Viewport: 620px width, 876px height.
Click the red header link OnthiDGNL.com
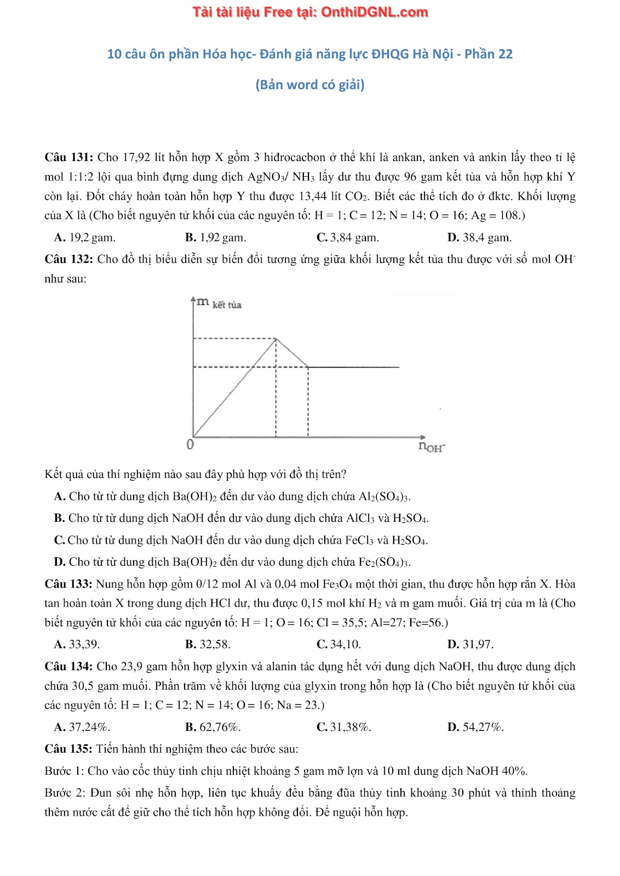point(374,12)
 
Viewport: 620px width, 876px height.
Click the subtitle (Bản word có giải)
point(309,85)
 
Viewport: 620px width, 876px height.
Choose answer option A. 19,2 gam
point(85,238)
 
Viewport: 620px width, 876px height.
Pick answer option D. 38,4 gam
point(479,238)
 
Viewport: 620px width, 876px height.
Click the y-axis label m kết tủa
point(219,303)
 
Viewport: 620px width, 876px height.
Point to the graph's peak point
point(276,338)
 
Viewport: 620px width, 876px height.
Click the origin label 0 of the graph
point(190,445)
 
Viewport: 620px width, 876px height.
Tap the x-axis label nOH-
point(432,446)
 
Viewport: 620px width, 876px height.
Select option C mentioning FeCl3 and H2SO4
point(241,540)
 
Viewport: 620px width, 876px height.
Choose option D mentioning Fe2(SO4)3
point(232,562)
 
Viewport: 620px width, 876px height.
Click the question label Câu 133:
point(68,584)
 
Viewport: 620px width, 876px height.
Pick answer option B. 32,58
point(208,644)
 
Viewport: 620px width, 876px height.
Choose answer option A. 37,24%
point(82,727)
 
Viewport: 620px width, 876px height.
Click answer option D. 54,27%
point(475,727)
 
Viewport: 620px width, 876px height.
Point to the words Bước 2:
point(65,793)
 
